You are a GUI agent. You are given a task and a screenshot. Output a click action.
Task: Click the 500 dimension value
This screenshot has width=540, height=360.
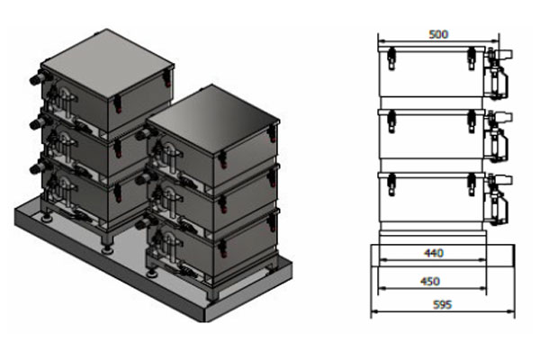point(438,34)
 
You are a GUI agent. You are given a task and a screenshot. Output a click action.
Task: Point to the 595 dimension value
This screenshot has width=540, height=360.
point(441,304)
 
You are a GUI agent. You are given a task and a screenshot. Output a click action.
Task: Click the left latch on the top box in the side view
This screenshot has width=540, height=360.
point(390,59)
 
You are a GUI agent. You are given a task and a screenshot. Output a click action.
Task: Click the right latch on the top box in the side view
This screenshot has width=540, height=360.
point(470,59)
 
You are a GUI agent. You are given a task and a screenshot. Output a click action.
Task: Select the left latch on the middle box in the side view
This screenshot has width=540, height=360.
point(390,121)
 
